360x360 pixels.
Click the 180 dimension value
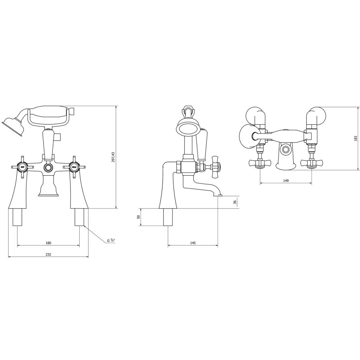pyautogui.click(x=48, y=243)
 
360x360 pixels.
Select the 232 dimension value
pyautogui.click(x=48, y=254)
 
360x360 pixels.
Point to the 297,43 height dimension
pyautogui.click(x=113, y=157)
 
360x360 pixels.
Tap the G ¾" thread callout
pyautogui.click(x=111, y=240)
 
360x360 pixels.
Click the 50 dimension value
pyautogui.click(x=139, y=217)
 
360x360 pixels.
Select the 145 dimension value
pyautogui.click(x=193, y=243)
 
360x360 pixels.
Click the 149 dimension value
pyautogui.click(x=286, y=180)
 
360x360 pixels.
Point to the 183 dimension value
pyautogui.click(x=356, y=138)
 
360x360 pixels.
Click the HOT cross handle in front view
pyautogui.click(x=23, y=166)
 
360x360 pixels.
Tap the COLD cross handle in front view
pyautogui.click(x=74, y=166)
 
